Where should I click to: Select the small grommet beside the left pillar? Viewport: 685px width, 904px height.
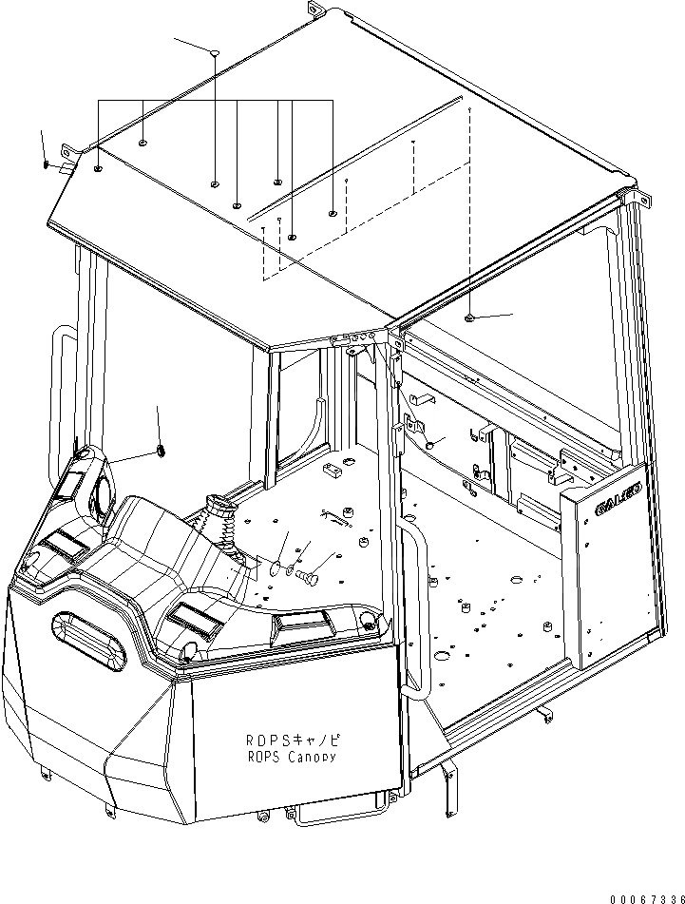tap(160, 448)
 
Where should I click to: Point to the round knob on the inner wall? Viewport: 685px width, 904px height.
tap(429, 443)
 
